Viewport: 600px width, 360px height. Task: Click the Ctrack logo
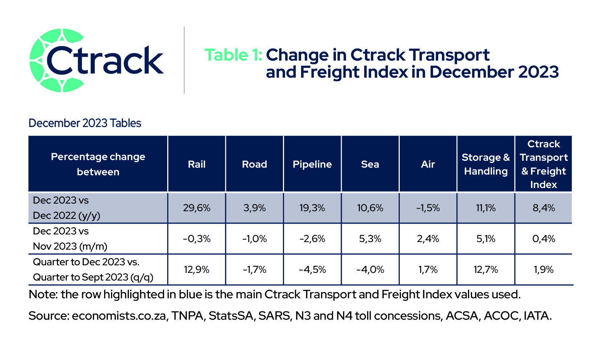(96, 60)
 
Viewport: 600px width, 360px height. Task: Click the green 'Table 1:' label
(233, 55)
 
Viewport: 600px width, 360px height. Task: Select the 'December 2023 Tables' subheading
(85, 123)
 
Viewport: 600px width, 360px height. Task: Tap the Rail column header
(197, 164)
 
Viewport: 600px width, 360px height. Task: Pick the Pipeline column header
(312, 164)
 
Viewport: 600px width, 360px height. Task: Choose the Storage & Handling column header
(486, 164)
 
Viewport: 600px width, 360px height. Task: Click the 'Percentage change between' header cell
(98, 164)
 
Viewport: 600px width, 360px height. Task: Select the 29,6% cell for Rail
(197, 208)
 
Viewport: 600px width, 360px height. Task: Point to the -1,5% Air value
(428, 208)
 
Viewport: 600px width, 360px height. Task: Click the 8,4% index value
(543, 208)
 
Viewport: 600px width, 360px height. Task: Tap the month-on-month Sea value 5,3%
(370, 238)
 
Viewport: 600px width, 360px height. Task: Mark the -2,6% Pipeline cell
(312, 238)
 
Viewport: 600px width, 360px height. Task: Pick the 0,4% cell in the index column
(543, 238)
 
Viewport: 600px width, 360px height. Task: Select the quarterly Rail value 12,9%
(197, 269)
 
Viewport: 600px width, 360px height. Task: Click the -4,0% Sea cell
(370, 269)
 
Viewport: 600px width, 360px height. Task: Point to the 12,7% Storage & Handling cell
(486, 269)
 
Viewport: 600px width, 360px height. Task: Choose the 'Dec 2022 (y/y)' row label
(66, 216)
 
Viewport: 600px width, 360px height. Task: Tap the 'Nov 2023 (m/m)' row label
(70, 246)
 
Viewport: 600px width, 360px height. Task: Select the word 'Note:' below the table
(43, 294)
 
